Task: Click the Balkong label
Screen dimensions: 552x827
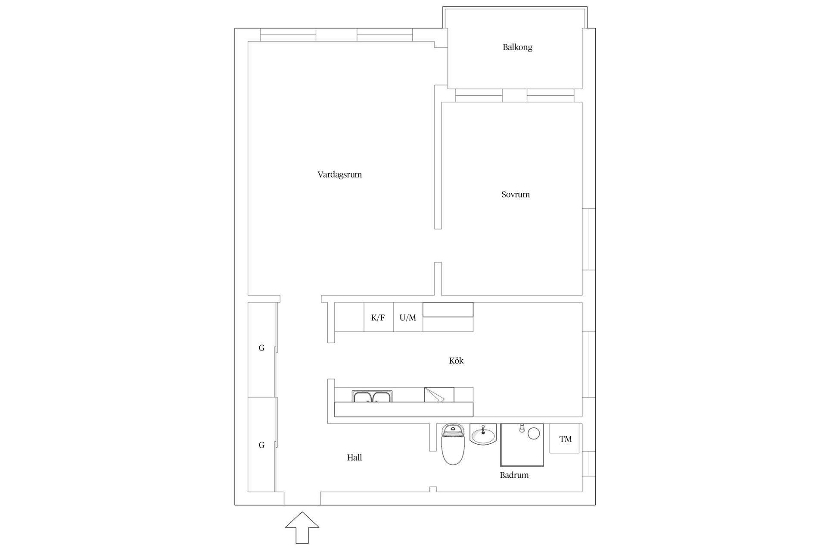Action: (x=517, y=47)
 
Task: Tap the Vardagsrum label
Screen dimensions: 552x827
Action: (x=339, y=175)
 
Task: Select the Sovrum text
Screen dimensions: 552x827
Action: (x=515, y=194)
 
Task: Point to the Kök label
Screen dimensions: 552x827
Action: (x=456, y=361)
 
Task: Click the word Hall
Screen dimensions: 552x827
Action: (x=354, y=458)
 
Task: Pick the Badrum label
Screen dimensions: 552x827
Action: (x=514, y=475)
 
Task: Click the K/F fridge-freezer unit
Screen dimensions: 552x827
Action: (x=378, y=318)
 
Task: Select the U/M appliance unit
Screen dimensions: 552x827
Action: (x=408, y=318)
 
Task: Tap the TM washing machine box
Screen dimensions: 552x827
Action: (x=565, y=439)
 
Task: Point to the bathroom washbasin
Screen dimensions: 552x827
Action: (x=483, y=434)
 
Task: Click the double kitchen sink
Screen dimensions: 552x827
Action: (x=372, y=396)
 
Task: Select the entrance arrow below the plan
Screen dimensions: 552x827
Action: (x=302, y=527)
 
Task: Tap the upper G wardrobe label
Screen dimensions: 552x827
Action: (x=261, y=348)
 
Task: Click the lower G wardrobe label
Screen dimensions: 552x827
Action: (x=261, y=445)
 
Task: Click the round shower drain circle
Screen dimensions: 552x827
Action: (x=534, y=433)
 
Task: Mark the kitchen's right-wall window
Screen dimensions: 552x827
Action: (x=589, y=364)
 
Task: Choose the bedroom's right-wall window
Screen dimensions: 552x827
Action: (x=589, y=239)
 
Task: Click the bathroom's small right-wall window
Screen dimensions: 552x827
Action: (x=589, y=464)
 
